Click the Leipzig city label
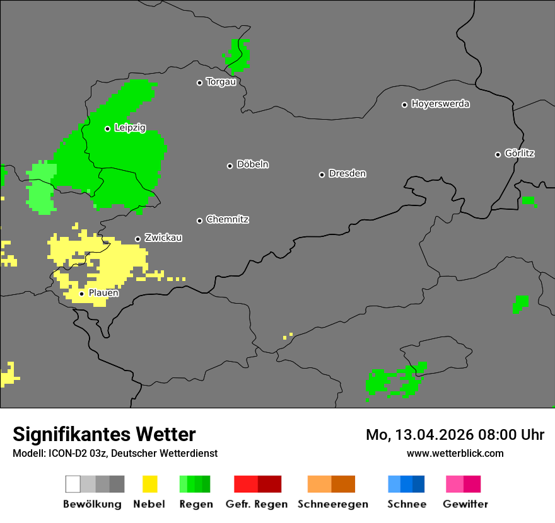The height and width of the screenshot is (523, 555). [130, 128]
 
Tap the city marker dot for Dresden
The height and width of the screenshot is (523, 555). [322, 175]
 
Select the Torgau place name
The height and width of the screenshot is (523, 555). [221, 82]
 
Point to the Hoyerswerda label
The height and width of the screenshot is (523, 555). [440, 104]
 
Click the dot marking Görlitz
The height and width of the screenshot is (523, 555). [498, 154]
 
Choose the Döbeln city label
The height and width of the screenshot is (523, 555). [252, 164]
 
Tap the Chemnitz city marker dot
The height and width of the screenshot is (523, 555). [199, 221]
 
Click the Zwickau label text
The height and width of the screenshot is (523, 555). [163, 238]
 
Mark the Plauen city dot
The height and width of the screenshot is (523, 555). [81, 294]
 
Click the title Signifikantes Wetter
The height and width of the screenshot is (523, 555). [104, 434]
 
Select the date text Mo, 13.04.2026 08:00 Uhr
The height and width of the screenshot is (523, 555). [455, 435]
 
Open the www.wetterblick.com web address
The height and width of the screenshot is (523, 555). [455, 453]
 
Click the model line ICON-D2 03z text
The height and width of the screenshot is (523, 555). [115, 453]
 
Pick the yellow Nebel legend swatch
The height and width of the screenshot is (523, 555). [149, 484]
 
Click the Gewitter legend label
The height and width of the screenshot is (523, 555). [465, 504]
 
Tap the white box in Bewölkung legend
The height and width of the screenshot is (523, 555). [73, 484]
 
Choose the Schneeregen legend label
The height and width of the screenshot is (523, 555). [332, 504]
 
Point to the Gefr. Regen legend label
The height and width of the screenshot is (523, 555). [257, 504]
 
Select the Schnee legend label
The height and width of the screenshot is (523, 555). [407, 504]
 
